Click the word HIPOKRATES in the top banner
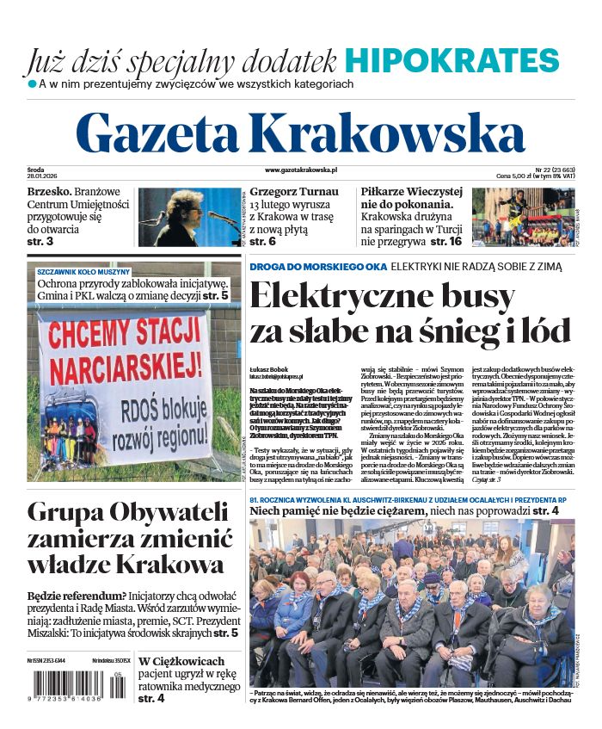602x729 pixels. [451, 61]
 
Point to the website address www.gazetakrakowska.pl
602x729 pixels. [301, 171]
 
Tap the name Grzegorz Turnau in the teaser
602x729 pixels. [294, 192]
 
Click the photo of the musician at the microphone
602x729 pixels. [188, 217]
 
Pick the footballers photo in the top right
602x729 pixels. [522, 217]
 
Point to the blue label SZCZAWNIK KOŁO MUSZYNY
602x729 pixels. [85, 271]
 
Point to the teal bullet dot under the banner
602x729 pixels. [32, 83]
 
